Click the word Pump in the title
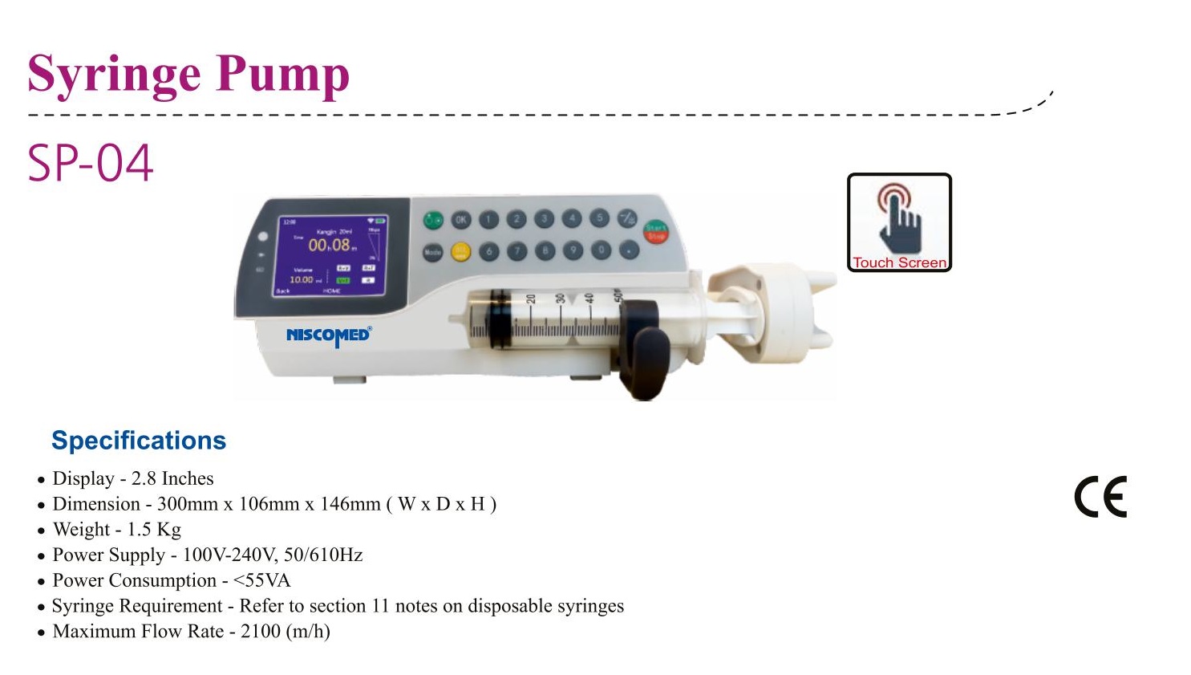(x=282, y=75)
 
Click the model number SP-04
(x=90, y=163)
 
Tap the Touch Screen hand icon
(x=899, y=217)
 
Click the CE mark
(x=1100, y=497)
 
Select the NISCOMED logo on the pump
(x=328, y=335)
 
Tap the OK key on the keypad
(x=461, y=219)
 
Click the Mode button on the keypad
(x=433, y=251)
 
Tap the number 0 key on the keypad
(x=601, y=250)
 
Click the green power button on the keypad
(x=433, y=219)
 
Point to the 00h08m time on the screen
(x=330, y=245)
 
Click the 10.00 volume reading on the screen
(x=302, y=279)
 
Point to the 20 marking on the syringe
(x=531, y=301)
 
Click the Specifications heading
(x=139, y=441)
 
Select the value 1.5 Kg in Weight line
(x=154, y=530)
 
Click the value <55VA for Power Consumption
(x=261, y=580)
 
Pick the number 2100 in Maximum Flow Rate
(x=261, y=632)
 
